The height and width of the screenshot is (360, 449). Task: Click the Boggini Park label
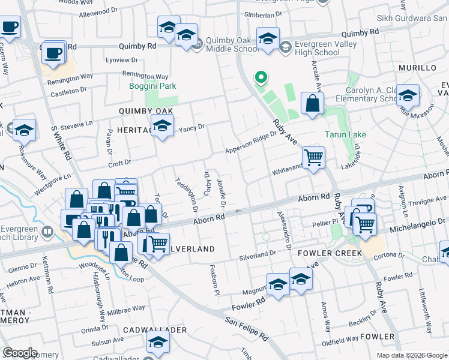coord(152,86)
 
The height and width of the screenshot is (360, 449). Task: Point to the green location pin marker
coord(261,77)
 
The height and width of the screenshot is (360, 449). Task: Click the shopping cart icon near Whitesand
coord(313,158)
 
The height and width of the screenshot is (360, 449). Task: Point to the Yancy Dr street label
coord(192,127)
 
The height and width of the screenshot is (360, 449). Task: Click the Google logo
coord(19,353)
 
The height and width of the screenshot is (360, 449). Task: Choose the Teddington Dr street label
coord(187,197)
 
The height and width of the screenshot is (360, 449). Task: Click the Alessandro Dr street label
coord(283,229)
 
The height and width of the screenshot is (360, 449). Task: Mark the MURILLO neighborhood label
coord(417,68)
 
